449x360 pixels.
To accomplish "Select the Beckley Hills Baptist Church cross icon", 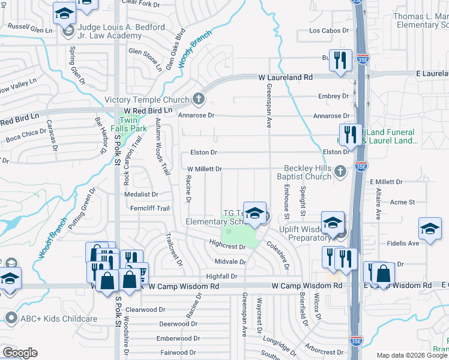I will [x=340, y=172].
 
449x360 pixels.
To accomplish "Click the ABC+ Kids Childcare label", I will [x=58, y=319].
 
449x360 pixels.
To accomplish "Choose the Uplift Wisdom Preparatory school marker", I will [x=333, y=223].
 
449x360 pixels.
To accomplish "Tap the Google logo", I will [x=20, y=353].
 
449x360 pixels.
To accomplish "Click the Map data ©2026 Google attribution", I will [x=412, y=355].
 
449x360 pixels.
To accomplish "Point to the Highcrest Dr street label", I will [x=228, y=247].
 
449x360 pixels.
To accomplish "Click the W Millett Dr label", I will [x=205, y=169].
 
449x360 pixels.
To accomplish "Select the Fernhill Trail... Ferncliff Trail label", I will [x=151, y=208].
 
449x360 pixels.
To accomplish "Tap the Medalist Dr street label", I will [x=141, y=194].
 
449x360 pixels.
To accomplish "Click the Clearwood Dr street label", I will [x=145, y=310].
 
